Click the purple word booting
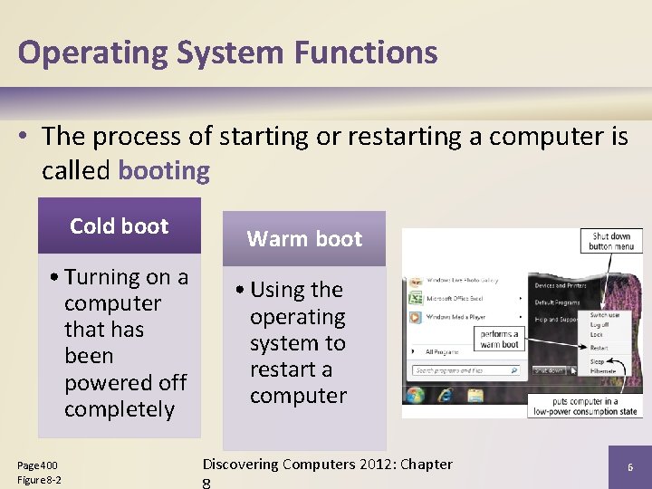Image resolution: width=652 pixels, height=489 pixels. click(x=164, y=170)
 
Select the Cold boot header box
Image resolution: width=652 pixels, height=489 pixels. click(x=120, y=226)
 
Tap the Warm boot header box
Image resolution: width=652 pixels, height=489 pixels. click(x=304, y=239)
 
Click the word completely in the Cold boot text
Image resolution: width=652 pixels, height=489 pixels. click(x=120, y=409)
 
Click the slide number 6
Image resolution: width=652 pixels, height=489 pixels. click(x=630, y=466)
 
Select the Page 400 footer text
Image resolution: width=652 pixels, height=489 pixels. click(x=38, y=465)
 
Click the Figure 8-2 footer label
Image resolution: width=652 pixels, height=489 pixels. click(x=40, y=479)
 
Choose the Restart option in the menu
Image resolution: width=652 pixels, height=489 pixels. click(x=599, y=347)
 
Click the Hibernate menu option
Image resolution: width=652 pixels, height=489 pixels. click(x=604, y=370)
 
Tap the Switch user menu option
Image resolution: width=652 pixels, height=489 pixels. click(x=606, y=315)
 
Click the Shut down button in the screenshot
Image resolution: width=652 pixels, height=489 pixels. click(x=548, y=370)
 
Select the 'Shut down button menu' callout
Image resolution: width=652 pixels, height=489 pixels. click(x=610, y=241)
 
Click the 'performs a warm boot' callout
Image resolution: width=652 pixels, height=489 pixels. click(x=500, y=339)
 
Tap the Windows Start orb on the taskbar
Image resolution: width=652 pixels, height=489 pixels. click(x=416, y=396)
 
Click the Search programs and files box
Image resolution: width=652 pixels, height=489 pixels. click(x=465, y=370)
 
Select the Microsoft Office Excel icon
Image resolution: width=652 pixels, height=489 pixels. click(x=415, y=298)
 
